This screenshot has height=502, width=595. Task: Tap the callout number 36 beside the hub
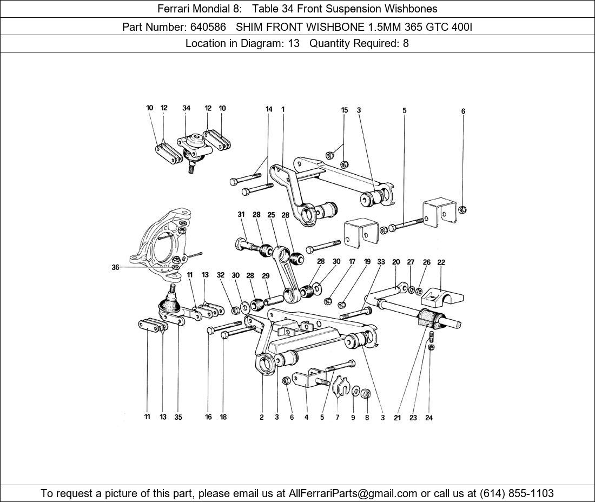click(x=115, y=267)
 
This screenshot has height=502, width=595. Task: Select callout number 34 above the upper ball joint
click(x=186, y=108)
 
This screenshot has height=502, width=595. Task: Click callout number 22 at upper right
click(x=441, y=262)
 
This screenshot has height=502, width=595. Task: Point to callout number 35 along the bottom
click(x=178, y=417)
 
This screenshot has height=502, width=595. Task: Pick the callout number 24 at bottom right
click(x=429, y=418)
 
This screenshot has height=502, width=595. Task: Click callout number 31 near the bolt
click(x=241, y=215)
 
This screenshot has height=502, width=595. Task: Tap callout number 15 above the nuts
click(x=344, y=110)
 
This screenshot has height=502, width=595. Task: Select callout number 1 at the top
click(x=283, y=109)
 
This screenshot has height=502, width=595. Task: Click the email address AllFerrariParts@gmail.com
click(x=353, y=493)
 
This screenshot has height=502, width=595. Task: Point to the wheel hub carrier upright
click(x=162, y=241)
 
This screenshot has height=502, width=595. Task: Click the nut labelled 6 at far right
click(x=462, y=209)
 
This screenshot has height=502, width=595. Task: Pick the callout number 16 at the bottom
click(x=208, y=417)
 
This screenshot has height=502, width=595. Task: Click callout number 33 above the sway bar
click(x=381, y=262)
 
